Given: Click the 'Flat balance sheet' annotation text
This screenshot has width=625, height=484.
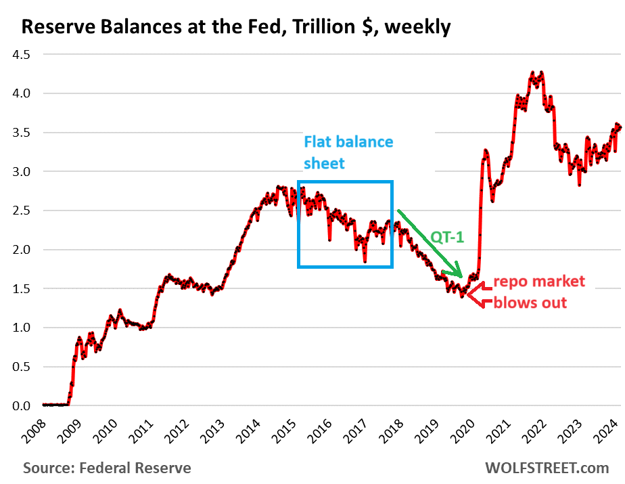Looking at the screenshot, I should [x=348, y=152].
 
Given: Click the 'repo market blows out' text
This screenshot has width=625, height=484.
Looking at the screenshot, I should [x=538, y=292].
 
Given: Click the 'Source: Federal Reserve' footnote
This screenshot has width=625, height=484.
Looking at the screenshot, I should [x=107, y=468].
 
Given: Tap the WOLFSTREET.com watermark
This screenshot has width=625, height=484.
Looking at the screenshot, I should [x=547, y=468].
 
